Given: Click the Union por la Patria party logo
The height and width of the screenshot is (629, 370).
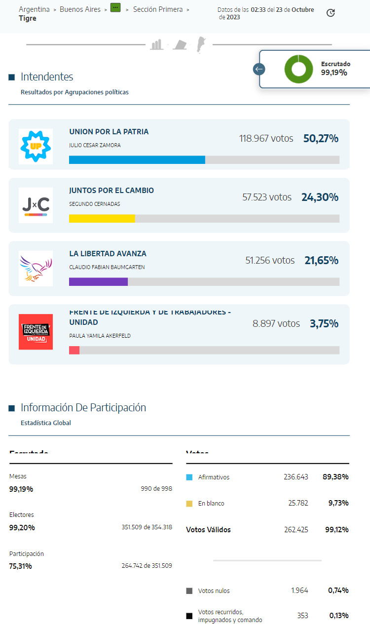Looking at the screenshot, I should click(x=36, y=147).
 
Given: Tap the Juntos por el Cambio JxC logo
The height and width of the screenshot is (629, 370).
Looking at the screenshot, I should click(x=36, y=205).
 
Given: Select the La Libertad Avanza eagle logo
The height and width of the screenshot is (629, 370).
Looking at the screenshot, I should click(x=36, y=268).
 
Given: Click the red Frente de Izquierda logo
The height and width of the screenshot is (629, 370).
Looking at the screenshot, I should click(x=36, y=332).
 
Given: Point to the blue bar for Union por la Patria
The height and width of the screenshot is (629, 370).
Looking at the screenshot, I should click(x=137, y=160).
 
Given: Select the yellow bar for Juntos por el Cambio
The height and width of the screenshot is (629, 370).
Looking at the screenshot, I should click(x=102, y=219).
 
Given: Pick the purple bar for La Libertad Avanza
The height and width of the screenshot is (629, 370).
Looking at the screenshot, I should click(x=98, y=282).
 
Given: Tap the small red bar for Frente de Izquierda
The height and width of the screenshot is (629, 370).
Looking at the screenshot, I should click(x=74, y=350).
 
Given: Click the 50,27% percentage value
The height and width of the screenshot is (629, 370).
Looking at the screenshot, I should click(x=321, y=139).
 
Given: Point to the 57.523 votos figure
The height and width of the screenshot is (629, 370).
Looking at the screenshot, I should click(x=267, y=197).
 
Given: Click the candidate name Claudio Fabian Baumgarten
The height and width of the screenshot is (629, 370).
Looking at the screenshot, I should click(x=107, y=268).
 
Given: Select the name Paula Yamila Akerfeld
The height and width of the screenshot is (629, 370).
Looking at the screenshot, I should click(x=100, y=336).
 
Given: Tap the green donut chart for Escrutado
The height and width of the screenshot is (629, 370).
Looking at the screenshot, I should click(x=298, y=69).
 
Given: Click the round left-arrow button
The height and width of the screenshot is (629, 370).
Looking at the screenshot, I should click(x=259, y=69).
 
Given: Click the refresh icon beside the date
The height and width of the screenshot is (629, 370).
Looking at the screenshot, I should click(x=331, y=13).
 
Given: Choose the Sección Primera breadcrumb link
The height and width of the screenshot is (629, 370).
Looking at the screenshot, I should click(x=158, y=9).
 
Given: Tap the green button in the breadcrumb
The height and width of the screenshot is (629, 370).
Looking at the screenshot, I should click(x=115, y=8).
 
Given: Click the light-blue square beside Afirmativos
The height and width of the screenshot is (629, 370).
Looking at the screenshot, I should click(x=189, y=477).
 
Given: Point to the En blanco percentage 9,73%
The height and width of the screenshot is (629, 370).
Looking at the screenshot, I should click(x=338, y=503).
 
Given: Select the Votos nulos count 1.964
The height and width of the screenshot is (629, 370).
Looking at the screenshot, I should click(x=299, y=590).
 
